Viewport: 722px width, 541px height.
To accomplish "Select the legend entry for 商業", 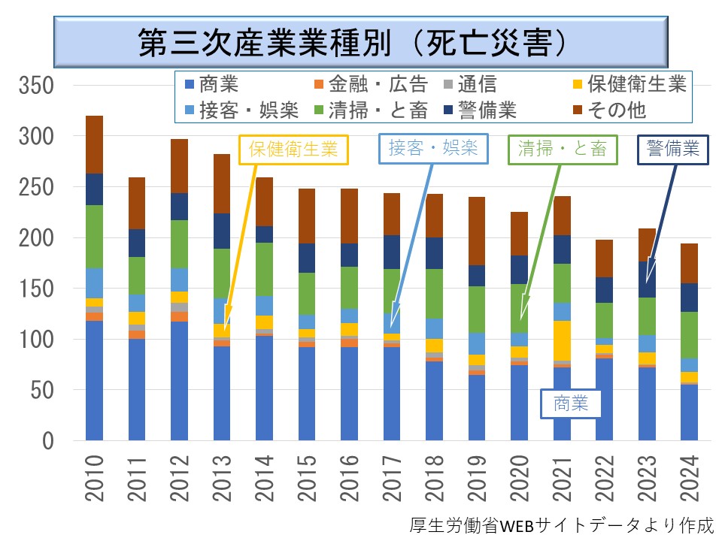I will click(x=211, y=84).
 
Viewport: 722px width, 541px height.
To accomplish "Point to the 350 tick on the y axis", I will click(x=38, y=86).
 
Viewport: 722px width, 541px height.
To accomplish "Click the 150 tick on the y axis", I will click(x=38, y=289).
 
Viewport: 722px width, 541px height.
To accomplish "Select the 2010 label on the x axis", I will click(x=95, y=478).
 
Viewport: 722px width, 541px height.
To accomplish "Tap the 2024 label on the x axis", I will click(x=690, y=478).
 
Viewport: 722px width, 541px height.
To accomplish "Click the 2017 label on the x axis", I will click(x=392, y=478).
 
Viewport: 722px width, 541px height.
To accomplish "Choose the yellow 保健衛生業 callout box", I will click(x=294, y=149).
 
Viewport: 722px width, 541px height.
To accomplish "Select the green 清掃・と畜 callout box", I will click(x=563, y=149).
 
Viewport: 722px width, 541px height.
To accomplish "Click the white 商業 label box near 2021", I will click(x=573, y=404).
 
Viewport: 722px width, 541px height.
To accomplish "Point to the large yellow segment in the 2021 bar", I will click(x=563, y=340).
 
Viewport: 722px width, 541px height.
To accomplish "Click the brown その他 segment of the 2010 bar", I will click(x=95, y=144).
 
